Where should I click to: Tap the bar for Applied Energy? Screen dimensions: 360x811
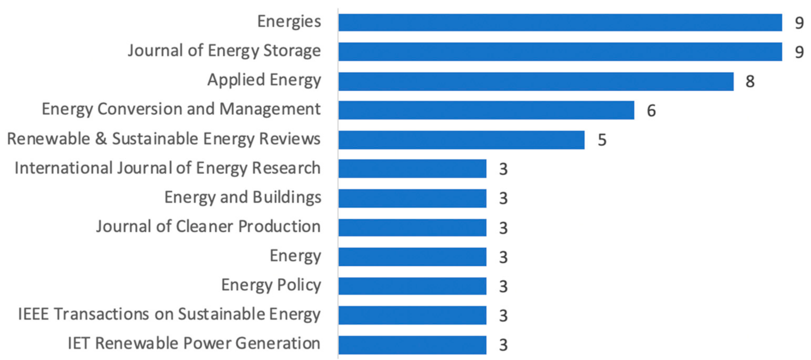coord(535,81)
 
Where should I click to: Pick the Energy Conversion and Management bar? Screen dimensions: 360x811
coord(486,110)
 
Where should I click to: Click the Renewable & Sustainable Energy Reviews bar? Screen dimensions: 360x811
coord(461,140)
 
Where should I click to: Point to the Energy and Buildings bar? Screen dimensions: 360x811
coord(412,199)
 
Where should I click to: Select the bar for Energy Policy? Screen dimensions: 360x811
coord(412,286)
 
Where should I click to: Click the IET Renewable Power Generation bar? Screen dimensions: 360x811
coord(412,345)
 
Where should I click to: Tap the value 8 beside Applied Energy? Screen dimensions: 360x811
coord(750,82)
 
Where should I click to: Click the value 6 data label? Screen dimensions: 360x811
coord(651,112)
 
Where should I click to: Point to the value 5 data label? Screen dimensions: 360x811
coord(602,141)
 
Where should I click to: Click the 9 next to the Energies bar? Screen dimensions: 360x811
coord(799,24)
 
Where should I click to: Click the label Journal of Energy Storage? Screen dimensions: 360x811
coord(224,51)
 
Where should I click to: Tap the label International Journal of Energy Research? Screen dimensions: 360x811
coord(167,168)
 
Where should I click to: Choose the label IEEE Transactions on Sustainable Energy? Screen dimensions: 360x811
coord(169,314)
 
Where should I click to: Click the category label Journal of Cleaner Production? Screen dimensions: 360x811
coord(208,227)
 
